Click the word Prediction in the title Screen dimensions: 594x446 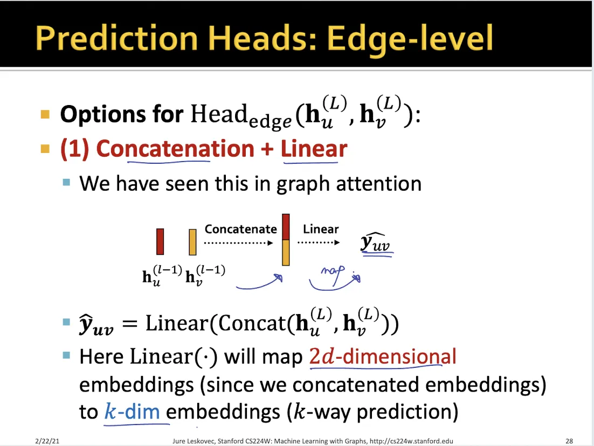[x=117, y=38]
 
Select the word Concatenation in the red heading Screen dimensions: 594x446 [x=175, y=148]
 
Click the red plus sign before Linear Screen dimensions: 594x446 [x=267, y=149]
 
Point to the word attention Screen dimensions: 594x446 [x=378, y=184]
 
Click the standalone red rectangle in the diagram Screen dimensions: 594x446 [x=160, y=241]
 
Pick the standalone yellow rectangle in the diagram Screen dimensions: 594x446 [x=192, y=241]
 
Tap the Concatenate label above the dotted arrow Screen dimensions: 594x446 [x=240, y=229]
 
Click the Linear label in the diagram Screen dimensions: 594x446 [x=321, y=229]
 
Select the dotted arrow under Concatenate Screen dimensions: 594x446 [x=239, y=243]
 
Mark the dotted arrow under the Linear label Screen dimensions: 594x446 [x=319, y=242]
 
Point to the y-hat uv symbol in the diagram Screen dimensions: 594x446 [x=377, y=242]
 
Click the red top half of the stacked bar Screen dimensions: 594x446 [x=286, y=227]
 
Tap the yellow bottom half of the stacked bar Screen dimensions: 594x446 [x=286, y=253]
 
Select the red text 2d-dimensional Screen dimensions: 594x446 [x=383, y=356]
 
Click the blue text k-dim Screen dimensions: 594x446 [x=132, y=411]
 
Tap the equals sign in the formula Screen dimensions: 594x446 [x=129, y=324]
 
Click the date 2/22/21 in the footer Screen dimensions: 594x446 [x=47, y=441]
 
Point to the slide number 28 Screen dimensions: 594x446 [x=569, y=441]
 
